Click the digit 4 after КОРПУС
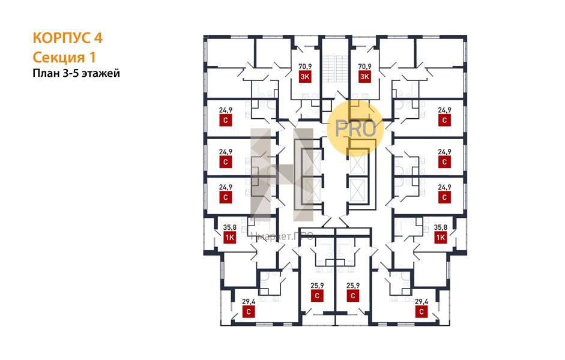click(x=97, y=38)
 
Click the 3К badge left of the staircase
click(x=305, y=76)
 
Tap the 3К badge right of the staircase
click(x=364, y=76)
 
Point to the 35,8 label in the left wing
click(x=229, y=227)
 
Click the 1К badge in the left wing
click(x=229, y=238)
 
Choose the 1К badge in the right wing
click(x=441, y=238)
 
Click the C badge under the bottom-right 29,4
click(x=421, y=312)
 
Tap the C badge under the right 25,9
click(x=352, y=295)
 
